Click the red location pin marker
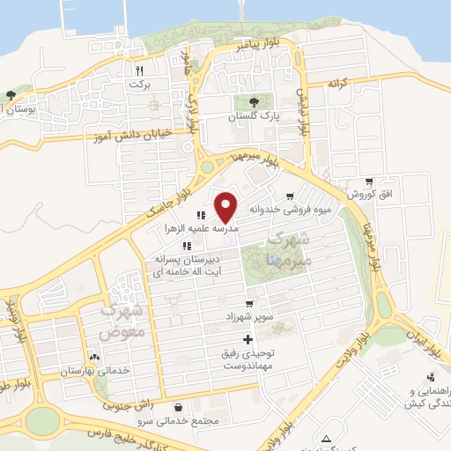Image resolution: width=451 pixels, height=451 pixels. (x=227, y=206)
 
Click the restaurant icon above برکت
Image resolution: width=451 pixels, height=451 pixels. (x=138, y=70)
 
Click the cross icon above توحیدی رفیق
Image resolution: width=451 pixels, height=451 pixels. (x=247, y=339)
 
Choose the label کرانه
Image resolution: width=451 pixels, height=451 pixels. (x=339, y=83)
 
